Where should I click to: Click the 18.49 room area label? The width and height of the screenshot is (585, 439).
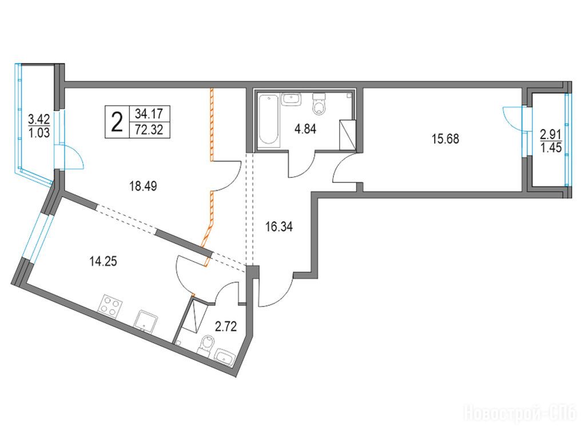pyautogui.click(x=143, y=186)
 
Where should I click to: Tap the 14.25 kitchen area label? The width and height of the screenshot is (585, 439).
pyautogui.click(x=104, y=261)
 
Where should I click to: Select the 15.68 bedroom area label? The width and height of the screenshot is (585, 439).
pyautogui.click(x=445, y=139)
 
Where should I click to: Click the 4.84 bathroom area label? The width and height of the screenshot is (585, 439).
pyautogui.click(x=305, y=129)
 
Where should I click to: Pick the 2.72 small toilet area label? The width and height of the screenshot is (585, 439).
pyautogui.click(x=226, y=327)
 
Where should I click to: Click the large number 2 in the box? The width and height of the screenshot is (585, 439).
pyautogui.click(x=117, y=122)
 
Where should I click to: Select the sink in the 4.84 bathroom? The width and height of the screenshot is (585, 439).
pyautogui.click(x=292, y=99)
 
